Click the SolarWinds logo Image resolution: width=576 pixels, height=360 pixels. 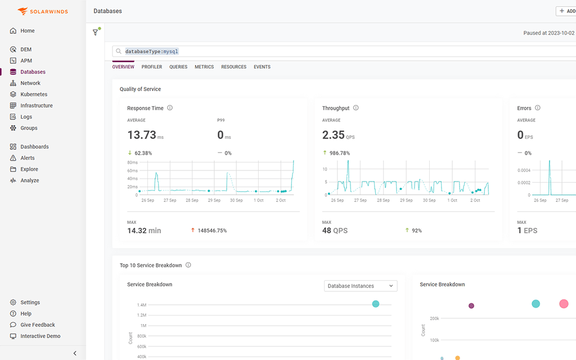43,11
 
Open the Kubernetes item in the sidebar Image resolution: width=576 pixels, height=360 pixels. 34,94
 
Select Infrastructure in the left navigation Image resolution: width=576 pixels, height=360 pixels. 37,106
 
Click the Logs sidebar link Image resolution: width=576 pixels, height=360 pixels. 26,117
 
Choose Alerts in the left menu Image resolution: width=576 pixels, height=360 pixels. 28,158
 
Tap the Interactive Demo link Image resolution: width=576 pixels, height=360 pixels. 40,336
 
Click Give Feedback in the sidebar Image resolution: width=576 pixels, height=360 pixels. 38,325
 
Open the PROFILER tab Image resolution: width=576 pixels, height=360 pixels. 152,67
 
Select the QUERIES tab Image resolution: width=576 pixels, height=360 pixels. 178,67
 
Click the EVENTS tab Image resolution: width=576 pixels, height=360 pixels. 262,67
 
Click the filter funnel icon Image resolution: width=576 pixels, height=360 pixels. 96,33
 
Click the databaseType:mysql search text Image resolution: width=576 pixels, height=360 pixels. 151,52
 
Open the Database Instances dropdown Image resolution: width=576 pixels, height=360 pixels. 361,286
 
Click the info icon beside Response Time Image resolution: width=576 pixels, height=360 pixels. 170,108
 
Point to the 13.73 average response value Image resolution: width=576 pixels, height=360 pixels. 141,135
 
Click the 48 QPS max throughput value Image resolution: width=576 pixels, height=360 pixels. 335,231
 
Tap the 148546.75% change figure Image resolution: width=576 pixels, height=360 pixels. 212,231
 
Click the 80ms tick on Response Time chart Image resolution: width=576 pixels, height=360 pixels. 132,163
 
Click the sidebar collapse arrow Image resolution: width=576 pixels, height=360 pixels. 75,353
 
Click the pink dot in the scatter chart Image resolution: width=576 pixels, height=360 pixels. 564,304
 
